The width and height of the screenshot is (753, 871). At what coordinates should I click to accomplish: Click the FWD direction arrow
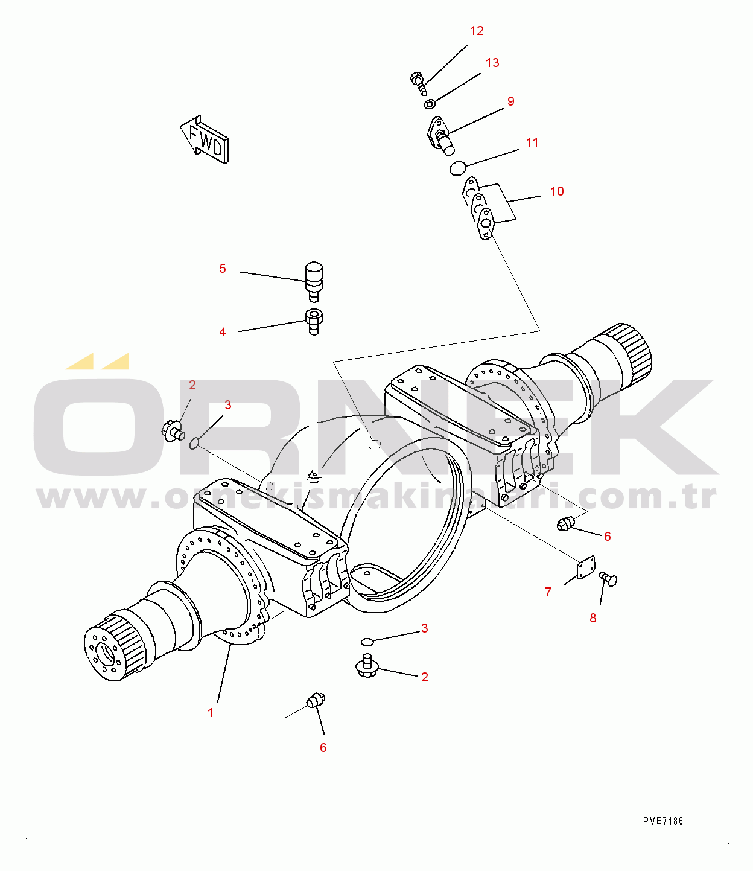[205, 139]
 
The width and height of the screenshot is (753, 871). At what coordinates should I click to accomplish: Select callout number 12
[477, 31]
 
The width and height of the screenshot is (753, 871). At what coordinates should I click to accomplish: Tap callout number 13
[492, 63]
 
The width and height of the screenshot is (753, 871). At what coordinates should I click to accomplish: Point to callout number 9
[511, 101]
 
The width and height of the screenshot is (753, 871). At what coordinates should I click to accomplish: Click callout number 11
[532, 142]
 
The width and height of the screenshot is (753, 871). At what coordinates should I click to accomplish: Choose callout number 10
[557, 191]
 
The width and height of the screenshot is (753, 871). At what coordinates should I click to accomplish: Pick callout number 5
[223, 269]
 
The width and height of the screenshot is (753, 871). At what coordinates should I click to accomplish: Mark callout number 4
[223, 331]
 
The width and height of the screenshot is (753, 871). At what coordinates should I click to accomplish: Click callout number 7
[548, 592]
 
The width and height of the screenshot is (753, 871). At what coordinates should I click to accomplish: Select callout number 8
[593, 617]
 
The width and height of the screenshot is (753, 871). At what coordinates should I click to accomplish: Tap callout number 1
[210, 713]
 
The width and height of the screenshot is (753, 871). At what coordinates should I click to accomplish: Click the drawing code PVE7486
[663, 821]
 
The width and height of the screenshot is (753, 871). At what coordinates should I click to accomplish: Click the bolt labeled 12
[419, 83]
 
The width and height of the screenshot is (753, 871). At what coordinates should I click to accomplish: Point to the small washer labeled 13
[429, 103]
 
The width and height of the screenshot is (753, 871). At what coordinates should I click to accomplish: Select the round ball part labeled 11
[457, 168]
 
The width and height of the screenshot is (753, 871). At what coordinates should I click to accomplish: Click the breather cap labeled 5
[314, 281]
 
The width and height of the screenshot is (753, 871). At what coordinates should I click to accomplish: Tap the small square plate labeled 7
[586, 567]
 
